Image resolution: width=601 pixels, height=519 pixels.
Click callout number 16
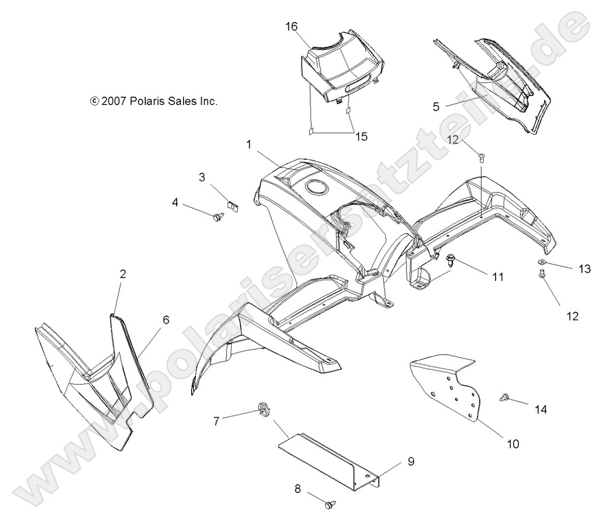(x=292, y=26)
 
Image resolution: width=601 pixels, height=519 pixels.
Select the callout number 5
(x=436, y=106)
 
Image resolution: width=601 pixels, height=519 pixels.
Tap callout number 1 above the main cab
(x=249, y=145)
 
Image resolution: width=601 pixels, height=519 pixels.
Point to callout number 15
(x=361, y=136)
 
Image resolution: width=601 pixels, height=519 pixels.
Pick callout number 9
(x=411, y=461)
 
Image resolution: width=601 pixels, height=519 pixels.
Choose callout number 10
(x=513, y=444)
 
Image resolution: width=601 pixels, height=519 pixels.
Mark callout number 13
(x=585, y=269)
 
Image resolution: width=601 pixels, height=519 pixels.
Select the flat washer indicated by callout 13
(x=540, y=263)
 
